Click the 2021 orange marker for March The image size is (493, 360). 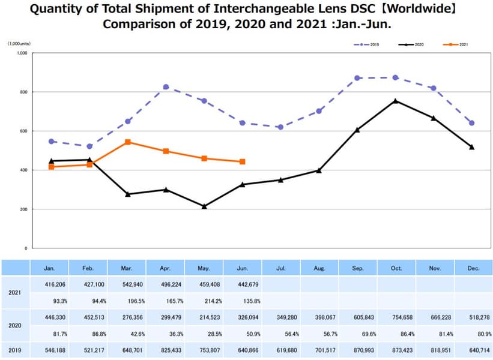[x=128, y=142]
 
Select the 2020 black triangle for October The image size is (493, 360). [x=395, y=101]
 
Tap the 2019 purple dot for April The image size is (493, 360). [x=166, y=87]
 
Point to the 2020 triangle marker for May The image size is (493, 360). [x=204, y=206]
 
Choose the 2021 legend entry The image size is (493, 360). [x=456, y=44]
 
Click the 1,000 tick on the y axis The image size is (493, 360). [x=22, y=53]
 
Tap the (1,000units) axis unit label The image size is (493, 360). [x=19, y=44]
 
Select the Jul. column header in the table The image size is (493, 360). [x=280, y=268]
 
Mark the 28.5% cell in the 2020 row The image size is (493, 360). [x=204, y=333]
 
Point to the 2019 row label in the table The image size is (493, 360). [x=16, y=348]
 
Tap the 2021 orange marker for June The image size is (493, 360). [x=242, y=161]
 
